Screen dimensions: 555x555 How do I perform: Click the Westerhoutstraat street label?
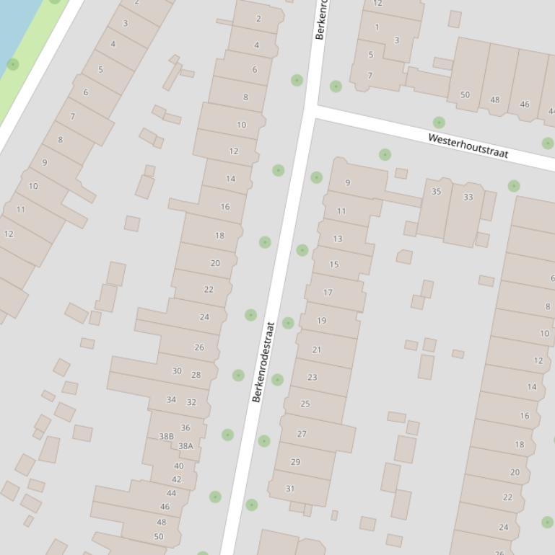pyautogui.click(x=468, y=145)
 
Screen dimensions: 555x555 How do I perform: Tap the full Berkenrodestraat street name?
pyautogui.click(x=264, y=362)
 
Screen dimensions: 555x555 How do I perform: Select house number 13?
pyautogui.click(x=338, y=239)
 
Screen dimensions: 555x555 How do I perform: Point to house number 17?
pyautogui.click(x=328, y=293)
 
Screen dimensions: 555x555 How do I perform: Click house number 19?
pyautogui.click(x=321, y=321)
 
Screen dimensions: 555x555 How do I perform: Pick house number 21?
pyautogui.click(x=316, y=350)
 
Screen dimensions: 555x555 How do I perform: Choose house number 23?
pyautogui.click(x=312, y=377)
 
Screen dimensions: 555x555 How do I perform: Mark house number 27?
pyautogui.click(x=302, y=434)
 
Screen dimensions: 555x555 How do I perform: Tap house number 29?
pyautogui.click(x=295, y=462)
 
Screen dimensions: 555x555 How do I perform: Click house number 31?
pyautogui.click(x=290, y=489)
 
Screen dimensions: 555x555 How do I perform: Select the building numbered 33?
pyautogui.click(x=468, y=197)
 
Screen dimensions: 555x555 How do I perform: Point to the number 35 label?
pyautogui.click(x=436, y=192)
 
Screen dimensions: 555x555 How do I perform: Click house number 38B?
pyautogui.click(x=166, y=436)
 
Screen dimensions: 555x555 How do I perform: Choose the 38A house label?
pyautogui.click(x=185, y=446)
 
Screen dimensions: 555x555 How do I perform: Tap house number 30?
pyautogui.click(x=177, y=371)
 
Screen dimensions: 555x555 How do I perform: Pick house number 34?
pyautogui.click(x=171, y=400)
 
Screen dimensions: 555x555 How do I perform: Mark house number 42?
pyautogui.click(x=177, y=479)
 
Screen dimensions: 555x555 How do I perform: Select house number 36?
pyautogui.click(x=185, y=427)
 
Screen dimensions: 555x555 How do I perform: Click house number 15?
pyautogui.click(x=334, y=265)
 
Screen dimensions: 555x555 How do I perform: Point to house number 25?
pyautogui.click(x=305, y=404)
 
